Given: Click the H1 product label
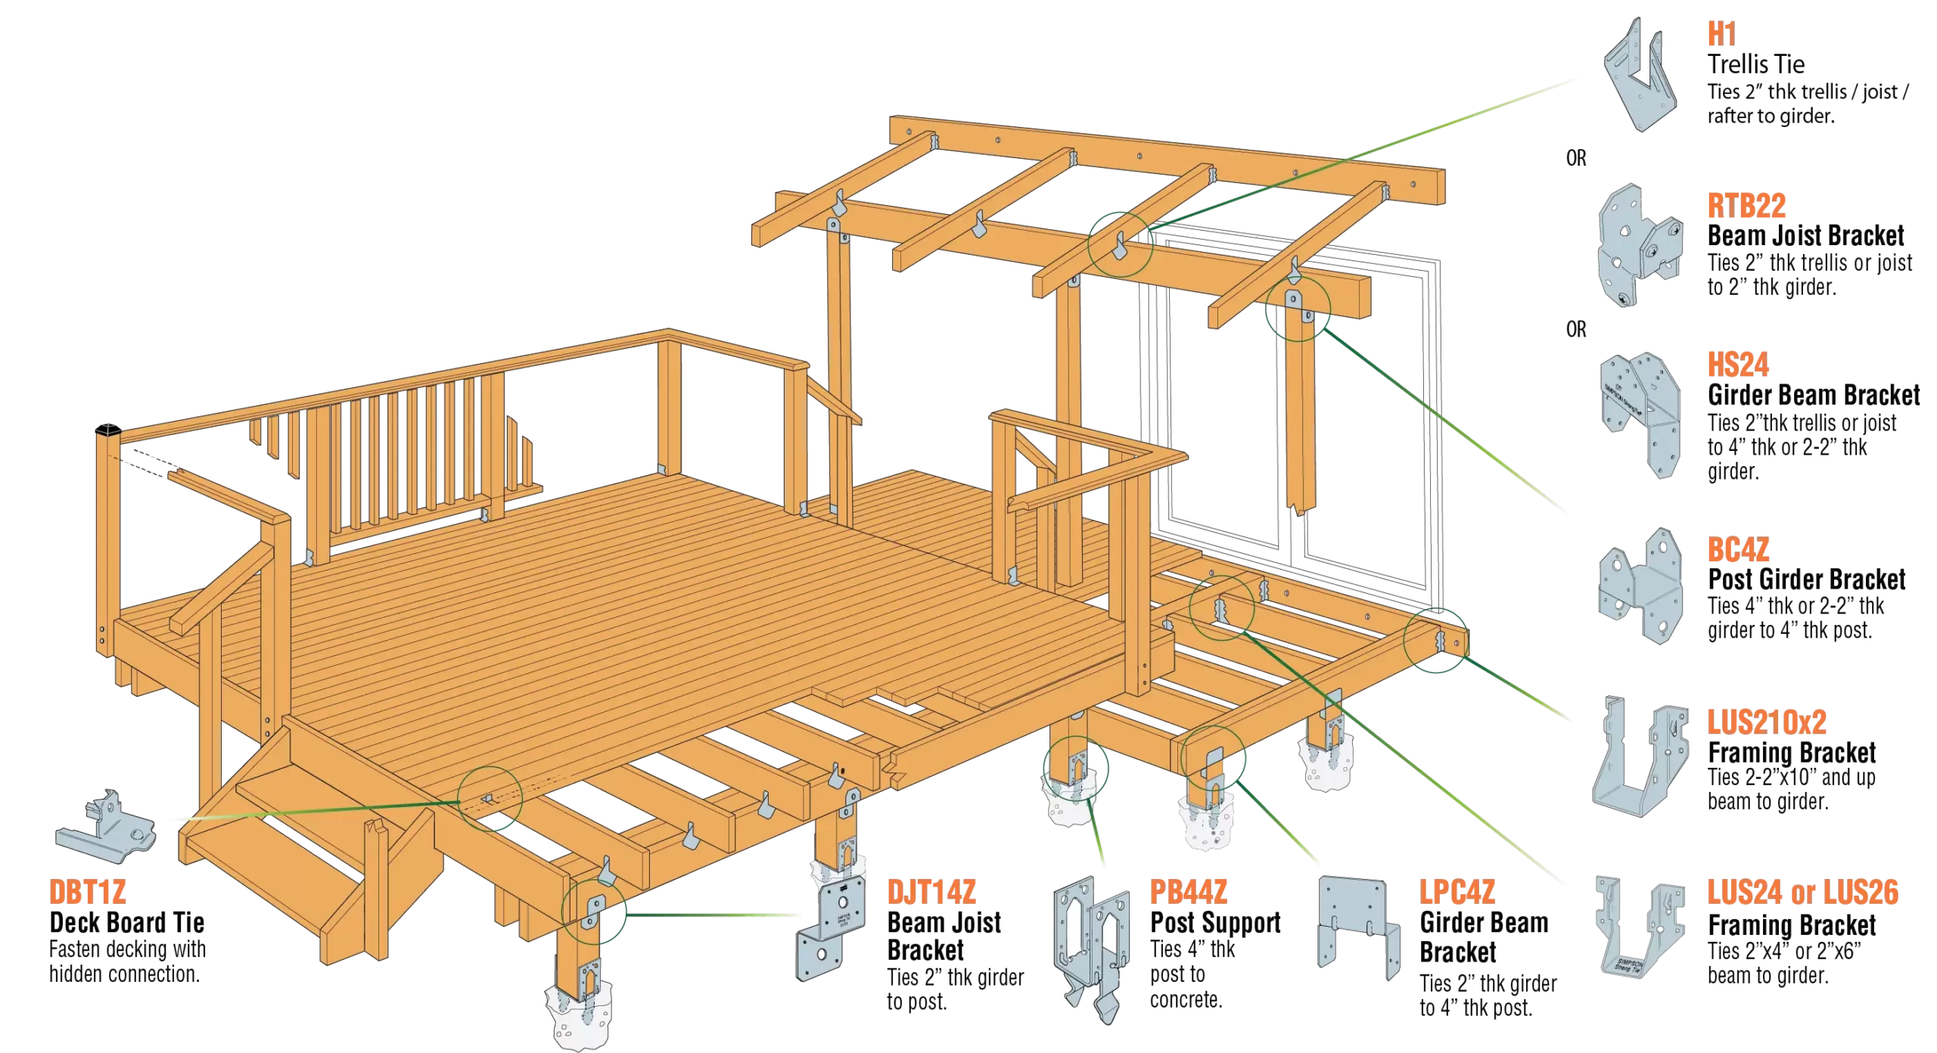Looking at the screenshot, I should pos(1721,35).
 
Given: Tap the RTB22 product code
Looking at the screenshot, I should pos(1746,206).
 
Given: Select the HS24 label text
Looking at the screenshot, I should pos(1738,365).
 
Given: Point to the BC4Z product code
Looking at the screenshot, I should pos(1738,550).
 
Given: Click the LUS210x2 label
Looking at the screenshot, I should pos(1767,723).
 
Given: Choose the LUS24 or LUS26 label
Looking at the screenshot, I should pos(1802,893).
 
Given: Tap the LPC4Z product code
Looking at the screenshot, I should pos(1457,892).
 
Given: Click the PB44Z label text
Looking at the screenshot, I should pos(1188,892).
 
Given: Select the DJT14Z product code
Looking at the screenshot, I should pos(931,893).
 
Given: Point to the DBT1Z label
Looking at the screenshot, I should pos(87,893).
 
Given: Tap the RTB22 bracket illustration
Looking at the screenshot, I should pos(1640,246).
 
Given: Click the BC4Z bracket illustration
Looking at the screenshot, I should pos(1640,586).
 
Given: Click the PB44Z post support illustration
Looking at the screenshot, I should pos(1092,946).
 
